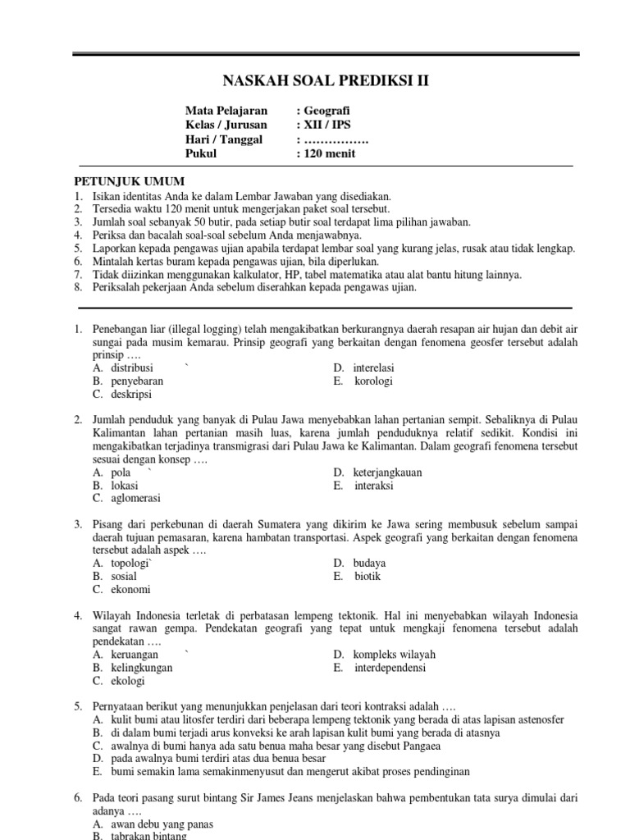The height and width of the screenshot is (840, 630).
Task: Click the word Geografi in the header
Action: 331,110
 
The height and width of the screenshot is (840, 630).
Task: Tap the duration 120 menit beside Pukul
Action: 331,153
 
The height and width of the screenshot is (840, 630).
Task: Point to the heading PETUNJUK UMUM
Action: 130,181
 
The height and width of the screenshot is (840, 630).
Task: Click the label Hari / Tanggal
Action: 223,139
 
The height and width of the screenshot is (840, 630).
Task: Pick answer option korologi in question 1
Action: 374,381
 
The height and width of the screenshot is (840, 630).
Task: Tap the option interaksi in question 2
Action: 374,486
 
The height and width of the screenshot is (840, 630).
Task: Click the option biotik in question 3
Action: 368,576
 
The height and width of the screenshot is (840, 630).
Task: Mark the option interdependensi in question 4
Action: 390,668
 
